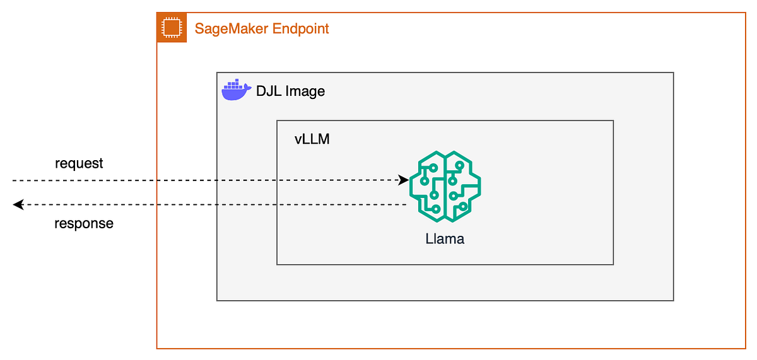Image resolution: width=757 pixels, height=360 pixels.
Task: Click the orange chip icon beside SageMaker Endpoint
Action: point(172,28)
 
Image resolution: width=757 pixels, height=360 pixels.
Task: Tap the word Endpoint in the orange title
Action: point(300,28)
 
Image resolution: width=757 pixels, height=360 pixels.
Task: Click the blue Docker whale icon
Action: point(236,90)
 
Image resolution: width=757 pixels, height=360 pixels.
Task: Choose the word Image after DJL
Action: point(305,91)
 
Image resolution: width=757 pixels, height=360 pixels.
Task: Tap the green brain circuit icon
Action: point(445,189)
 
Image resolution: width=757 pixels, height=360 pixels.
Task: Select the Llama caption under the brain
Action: point(445,239)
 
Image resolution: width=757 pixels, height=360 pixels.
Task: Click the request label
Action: point(79,163)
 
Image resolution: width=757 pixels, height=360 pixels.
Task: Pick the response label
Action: point(84,223)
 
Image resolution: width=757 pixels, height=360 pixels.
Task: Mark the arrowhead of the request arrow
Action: point(404,180)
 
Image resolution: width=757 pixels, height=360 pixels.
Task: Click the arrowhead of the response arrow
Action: point(18,204)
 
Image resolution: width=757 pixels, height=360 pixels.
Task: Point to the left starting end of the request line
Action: point(13,180)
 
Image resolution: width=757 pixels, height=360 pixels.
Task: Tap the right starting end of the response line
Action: point(406,204)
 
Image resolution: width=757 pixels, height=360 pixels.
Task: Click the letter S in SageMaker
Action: point(199,28)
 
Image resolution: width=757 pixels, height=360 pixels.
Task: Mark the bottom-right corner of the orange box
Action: point(746,348)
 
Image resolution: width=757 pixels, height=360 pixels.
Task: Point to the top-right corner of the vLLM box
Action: point(613,121)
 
